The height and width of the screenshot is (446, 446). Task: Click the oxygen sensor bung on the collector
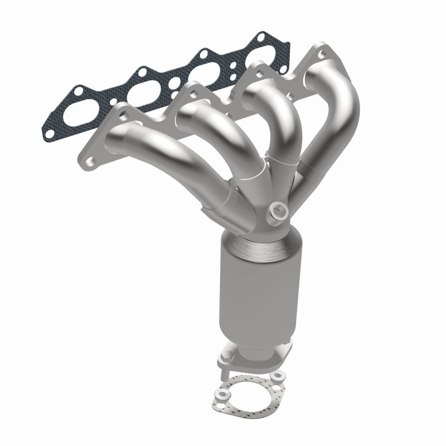(277, 211)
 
